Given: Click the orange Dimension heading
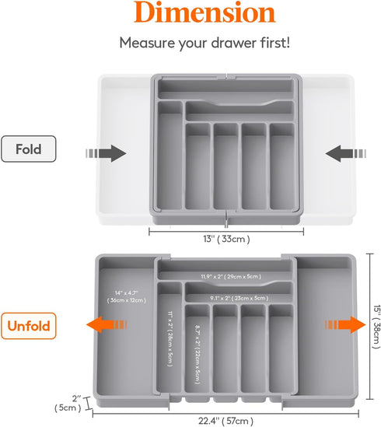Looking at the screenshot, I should tap(190, 14).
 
